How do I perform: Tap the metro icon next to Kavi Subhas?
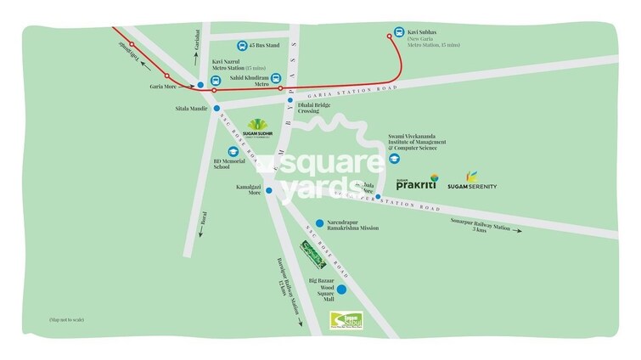(400, 27)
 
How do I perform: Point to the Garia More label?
(163, 87)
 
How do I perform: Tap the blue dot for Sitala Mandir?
(217, 109)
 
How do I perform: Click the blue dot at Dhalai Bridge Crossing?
(290, 100)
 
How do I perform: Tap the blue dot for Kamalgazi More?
(269, 190)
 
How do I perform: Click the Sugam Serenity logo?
(472, 182)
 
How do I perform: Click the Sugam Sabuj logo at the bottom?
(346, 321)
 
